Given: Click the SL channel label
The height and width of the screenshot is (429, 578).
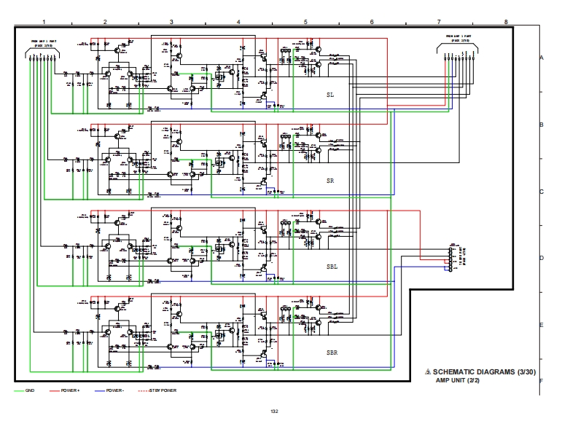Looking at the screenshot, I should pyautogui.click(x=330, y=95).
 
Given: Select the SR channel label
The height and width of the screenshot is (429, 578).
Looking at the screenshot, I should pyautogui.click(x=330, y=180).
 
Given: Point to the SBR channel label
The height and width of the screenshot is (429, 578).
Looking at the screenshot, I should pyautogui.click(x=332, y=352).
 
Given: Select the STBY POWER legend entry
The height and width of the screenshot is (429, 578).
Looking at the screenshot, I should pyautogui.click(x=162, y=390).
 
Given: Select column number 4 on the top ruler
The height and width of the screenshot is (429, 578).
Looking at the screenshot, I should pyautogui.click(x=238, y=23).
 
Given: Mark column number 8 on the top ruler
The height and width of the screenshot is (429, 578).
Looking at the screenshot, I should pyautogui.click(x=505, y=23).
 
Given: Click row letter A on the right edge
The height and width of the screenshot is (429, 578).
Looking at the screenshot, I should pyautogui.click(x=541, y=57).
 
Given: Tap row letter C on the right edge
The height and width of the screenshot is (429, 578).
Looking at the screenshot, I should pyautogui.click(x=541, y=192).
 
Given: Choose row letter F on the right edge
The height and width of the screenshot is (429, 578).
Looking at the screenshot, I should pyautogui.click(x=541, y=380).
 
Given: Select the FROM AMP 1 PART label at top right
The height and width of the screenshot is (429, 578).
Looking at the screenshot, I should pyautogui.click(x=460, y=37).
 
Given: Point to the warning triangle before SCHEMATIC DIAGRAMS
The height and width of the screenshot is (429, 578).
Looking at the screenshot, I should pyautogui.click(x=428, y=373).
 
